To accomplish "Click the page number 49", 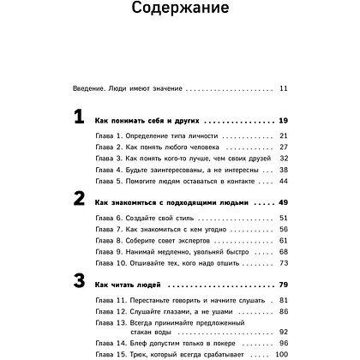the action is [285, 202].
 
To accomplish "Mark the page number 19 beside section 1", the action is [285, 121].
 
